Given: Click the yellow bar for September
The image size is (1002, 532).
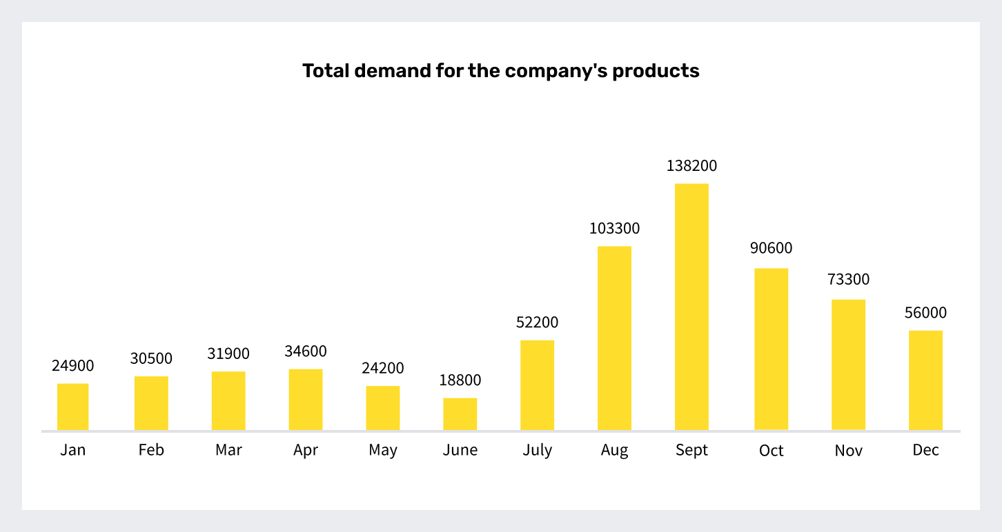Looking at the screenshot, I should point(691,307).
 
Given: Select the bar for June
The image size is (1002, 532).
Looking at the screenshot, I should point(460,413).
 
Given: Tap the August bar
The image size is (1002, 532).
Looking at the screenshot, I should point(614,338).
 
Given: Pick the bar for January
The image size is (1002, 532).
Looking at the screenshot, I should point(73,407).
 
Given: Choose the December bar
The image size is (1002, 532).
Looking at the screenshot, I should point(925,380).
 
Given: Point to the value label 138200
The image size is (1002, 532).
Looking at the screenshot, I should point(691,166).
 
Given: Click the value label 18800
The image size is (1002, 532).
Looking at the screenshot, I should point(460,380).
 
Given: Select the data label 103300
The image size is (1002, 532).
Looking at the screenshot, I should point(614,229).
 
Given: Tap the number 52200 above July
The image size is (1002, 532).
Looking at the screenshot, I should point(537,323).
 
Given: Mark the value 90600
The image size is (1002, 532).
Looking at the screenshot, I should point(771,248).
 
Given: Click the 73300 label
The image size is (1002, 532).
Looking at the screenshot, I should point(848,280).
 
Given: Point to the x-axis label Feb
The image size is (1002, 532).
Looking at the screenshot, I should point(151,450).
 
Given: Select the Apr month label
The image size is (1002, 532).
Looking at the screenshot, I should point(306,451).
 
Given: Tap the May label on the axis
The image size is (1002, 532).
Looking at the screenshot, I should point(383,451).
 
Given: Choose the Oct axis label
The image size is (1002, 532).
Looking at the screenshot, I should point(771,451).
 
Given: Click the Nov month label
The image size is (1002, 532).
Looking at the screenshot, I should point(848,451).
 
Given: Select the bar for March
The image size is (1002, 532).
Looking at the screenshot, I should point(228,400).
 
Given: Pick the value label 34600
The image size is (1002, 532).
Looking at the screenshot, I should point(306,351).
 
